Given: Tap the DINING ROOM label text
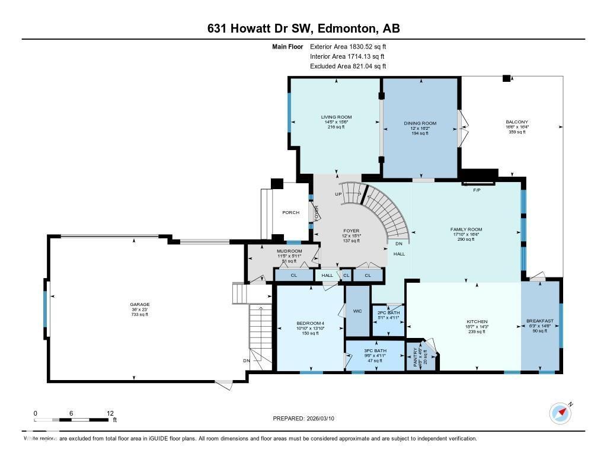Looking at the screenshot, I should tap(420, 123).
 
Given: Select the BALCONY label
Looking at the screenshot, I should tap(516, 122).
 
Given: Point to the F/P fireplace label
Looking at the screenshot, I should tap(476, 191).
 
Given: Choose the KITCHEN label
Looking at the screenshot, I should tap(476, 321).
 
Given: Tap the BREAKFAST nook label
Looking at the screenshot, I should tap(539, 321).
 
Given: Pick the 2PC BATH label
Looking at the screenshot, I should tap(388, 312).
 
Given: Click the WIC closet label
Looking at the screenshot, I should tap(357, 311).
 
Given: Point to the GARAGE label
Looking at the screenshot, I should tap(140, 304).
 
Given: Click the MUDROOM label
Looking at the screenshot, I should tap(289, 251).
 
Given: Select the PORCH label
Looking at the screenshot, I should tap(290, 212).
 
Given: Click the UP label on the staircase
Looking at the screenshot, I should tap(338, 194).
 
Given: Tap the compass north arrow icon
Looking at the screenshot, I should tap(560, 413).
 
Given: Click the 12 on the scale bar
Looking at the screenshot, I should tap(110, 413).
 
